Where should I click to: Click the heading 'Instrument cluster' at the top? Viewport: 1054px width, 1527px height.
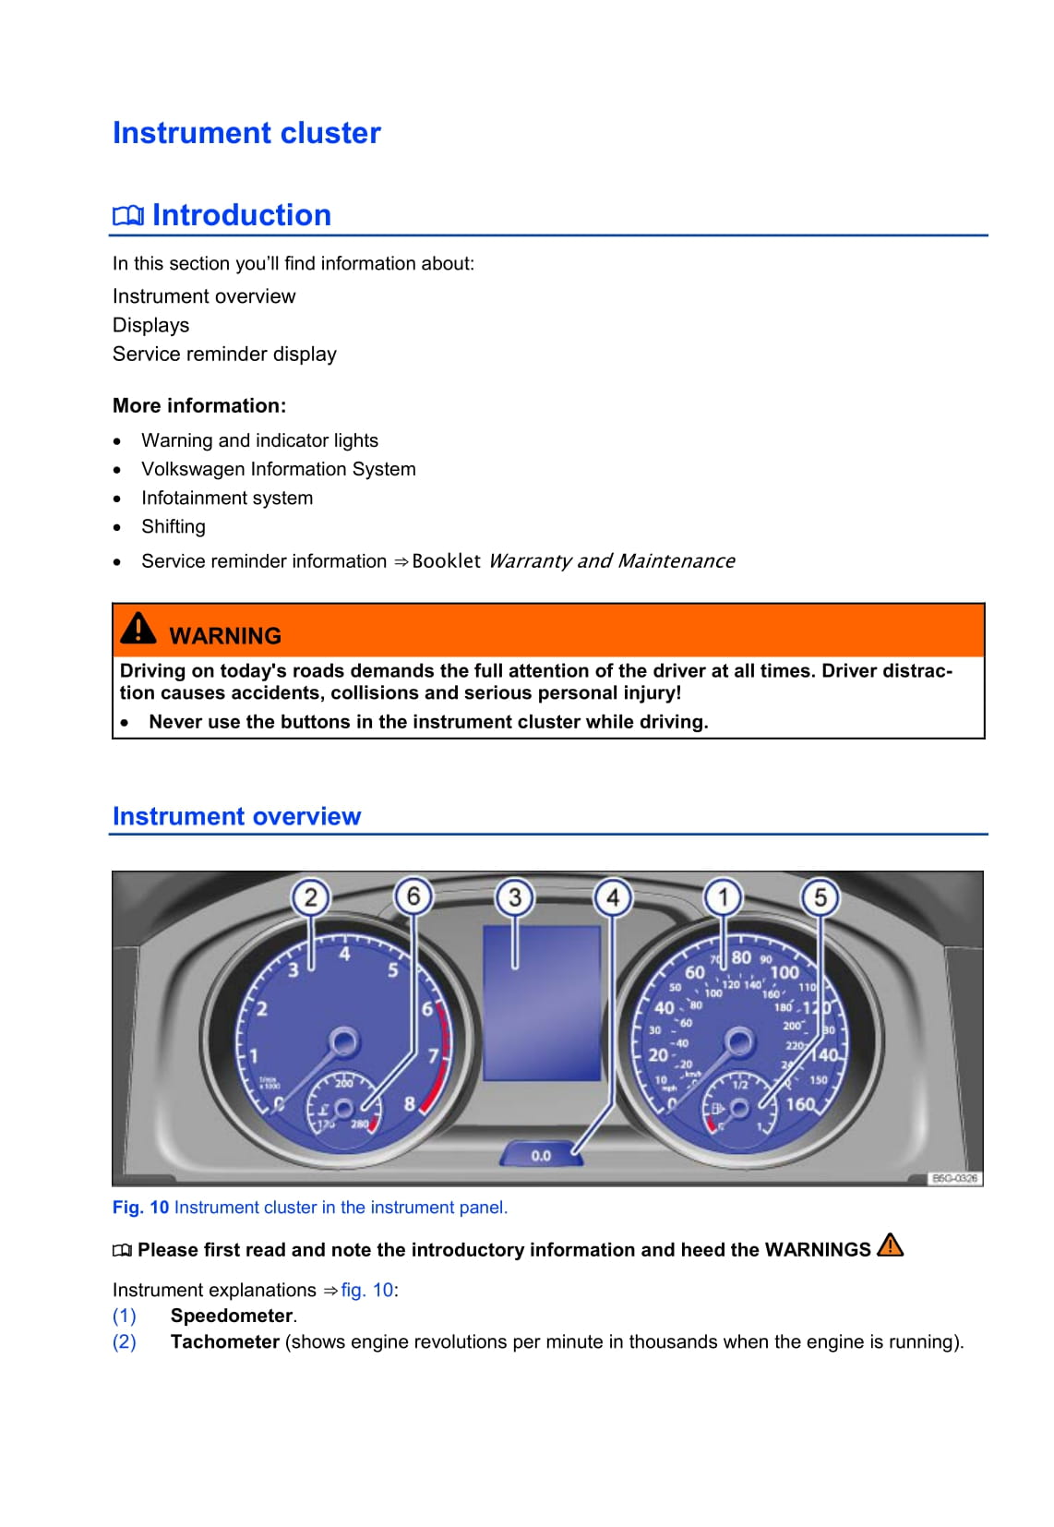tap(246, 133)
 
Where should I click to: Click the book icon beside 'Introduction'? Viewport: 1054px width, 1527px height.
tap(127, 216)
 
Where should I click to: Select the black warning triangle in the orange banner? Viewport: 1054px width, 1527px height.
tap(138, 628)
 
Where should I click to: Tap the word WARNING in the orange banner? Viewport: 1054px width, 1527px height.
tap(225, 636)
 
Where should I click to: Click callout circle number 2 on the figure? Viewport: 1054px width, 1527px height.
tap(310, 897)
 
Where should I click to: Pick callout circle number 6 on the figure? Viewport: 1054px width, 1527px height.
tap(413, 896)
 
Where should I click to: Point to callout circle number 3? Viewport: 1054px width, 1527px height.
tap(514, 897)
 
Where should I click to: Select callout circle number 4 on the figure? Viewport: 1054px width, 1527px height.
tap(613, 897)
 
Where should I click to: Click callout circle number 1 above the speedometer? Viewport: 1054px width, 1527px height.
tap(724, 897)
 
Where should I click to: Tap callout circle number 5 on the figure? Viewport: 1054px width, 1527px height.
tap(820, 897)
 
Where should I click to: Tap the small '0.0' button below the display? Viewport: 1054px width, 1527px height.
tap(541, 1155)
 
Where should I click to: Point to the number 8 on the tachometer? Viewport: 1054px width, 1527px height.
tap(410, 1103)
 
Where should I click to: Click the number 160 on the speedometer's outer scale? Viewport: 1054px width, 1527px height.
tap(799, 1104)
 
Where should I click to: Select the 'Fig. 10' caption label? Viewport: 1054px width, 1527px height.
tap(140, 1208)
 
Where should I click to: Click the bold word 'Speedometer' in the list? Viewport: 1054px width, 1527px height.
tap(232, 1316)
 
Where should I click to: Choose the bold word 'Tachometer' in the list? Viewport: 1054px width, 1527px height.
tap(224, 1341)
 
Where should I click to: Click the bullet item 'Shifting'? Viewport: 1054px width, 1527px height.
tap(174, 526)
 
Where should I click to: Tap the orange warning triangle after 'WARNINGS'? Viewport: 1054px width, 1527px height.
tap(890, 1246)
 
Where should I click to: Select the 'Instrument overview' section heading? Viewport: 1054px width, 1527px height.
tap(236, 816)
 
